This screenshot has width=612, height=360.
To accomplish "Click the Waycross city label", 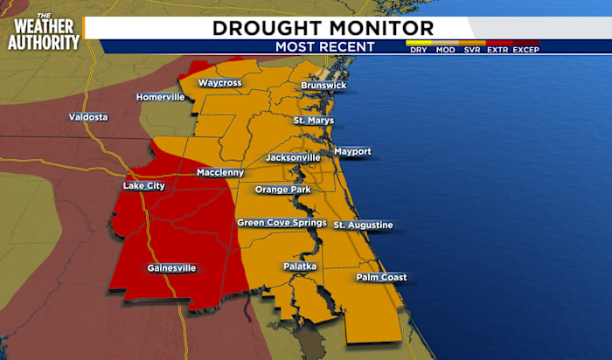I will click(219, 83).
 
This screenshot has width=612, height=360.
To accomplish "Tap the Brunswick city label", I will click(323, 86).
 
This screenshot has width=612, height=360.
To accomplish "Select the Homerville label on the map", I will click(160, 97).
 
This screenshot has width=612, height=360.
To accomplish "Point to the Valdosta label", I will click(88, 117).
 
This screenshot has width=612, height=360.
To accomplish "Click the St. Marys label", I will click(313, 120).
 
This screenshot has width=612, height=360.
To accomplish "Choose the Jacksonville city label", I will click(293, 157).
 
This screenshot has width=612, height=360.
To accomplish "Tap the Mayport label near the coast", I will click(352, 152).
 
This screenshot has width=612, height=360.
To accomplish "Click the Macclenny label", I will click(220, 173).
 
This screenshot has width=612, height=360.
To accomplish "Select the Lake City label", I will click(143, 186).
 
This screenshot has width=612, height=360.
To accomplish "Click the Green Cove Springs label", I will click(282, 223).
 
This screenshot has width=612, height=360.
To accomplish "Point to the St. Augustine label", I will click(363, 225).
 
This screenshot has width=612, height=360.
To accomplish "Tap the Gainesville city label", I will click(171, 268).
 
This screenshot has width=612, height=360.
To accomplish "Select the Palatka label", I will click(300, 266).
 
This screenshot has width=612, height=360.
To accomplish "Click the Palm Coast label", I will click(381, 278).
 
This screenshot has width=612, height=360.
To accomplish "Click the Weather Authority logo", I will click(44, 31).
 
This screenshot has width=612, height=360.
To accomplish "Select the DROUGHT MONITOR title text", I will click(323, 28).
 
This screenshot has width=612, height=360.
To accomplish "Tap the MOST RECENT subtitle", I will click(324, 47).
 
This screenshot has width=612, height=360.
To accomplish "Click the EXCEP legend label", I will click(526, 50).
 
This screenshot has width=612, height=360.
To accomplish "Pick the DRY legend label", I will click(419, 50).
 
